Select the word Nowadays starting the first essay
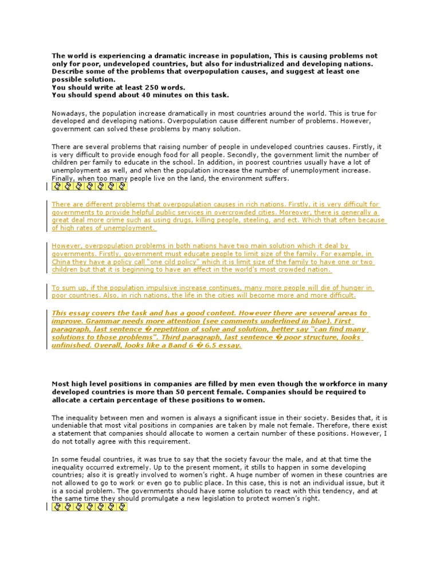click(69, 114)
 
